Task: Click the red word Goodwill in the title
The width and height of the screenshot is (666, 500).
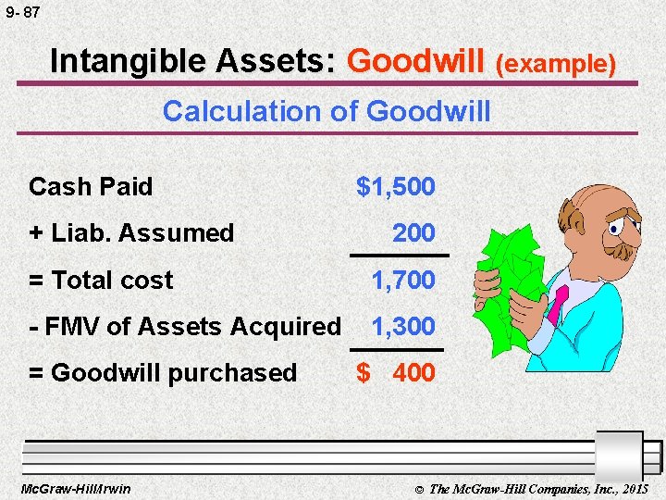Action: (x=417, y=61)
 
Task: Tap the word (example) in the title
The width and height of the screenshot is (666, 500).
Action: (x=556, y=63)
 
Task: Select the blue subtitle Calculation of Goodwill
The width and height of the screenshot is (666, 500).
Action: (x=327, y=112)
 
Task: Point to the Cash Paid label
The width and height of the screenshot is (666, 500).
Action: (x=91, y=187)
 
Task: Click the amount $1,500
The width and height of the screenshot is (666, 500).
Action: (x=396, y=187)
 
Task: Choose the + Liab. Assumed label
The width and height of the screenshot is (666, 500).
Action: (x=131, y=233)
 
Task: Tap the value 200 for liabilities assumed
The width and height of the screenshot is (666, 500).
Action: (x=413, y=233)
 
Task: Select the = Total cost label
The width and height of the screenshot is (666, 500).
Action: (x=101, y=281)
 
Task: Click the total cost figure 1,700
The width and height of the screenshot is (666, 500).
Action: (x=402, y=281)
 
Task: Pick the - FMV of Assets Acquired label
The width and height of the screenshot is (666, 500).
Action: (x=185, y=327)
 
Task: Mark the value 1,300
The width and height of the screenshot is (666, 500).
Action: (x=402, y=327)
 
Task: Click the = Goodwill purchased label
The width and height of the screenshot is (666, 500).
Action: (x=163, y=373)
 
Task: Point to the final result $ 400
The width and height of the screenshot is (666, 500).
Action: (x=396, y=373)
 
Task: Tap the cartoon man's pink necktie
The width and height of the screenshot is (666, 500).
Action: (x=558, y=305)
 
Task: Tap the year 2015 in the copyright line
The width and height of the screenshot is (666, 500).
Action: (x=634, y=488)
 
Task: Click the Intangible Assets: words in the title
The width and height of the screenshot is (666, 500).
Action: (x=193, y=61)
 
